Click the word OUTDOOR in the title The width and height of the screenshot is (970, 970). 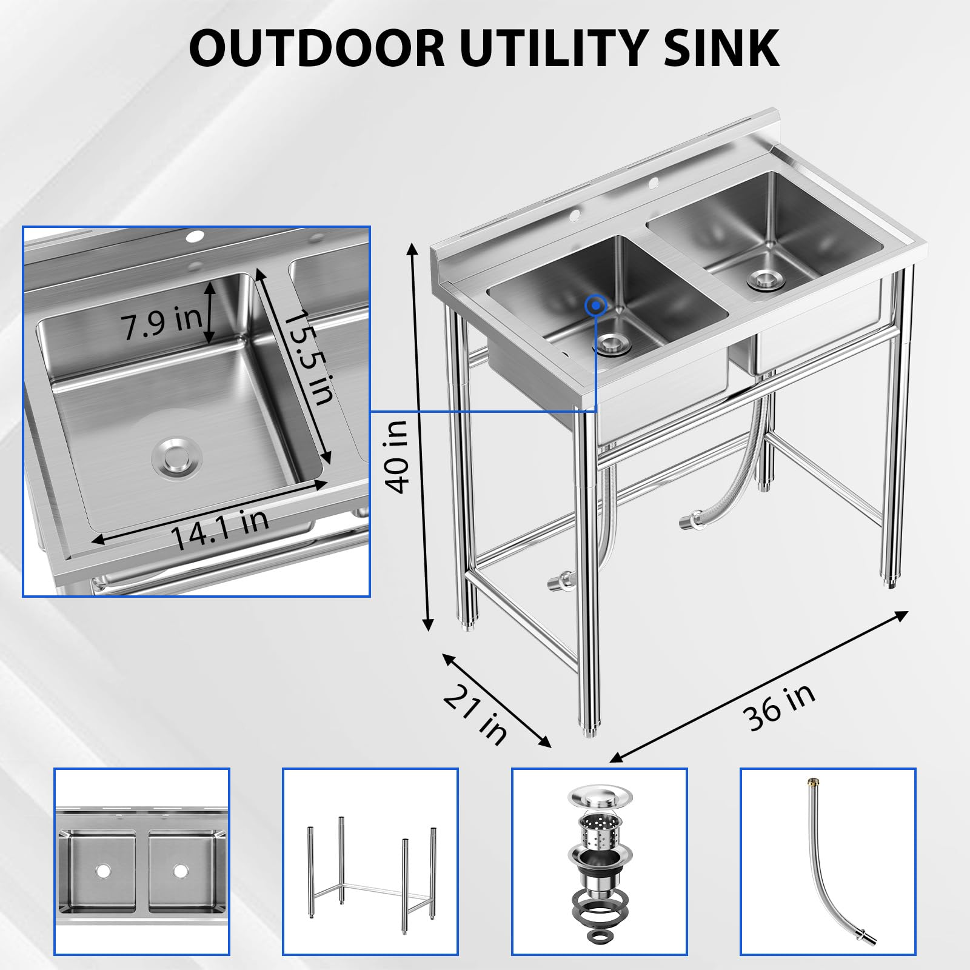(317, 48)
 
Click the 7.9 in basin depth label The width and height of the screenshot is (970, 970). (162, 323)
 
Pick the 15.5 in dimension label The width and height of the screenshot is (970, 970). (309, 357)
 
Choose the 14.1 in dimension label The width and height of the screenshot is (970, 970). (219, 529)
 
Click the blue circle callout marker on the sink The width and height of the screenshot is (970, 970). (597, 306)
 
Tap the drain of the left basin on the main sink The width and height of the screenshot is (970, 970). (612, 344)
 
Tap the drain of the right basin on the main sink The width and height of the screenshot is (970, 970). (766, 279)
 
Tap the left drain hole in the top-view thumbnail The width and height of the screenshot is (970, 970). (102, 871)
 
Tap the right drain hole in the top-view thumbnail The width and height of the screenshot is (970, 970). (180, 871)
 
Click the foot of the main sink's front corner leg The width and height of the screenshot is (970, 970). (589, 731)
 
